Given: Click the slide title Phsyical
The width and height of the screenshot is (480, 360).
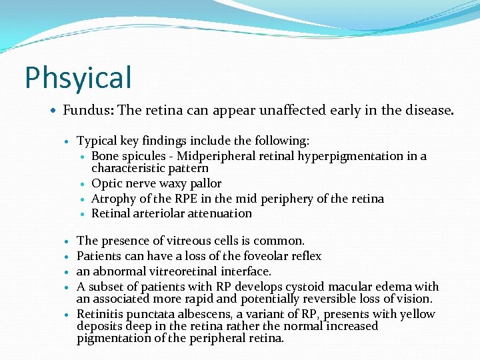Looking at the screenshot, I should (x=78, y=77).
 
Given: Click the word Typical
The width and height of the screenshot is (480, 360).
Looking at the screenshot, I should (x=97, y=141).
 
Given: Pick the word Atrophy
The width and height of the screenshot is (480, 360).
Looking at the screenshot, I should (x=113, y=199).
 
